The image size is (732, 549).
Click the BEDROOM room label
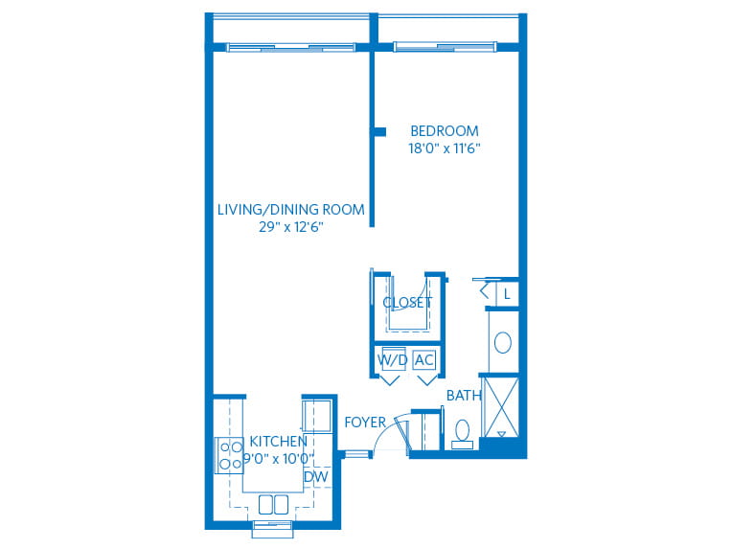pyautogui.click(x=445, y=130)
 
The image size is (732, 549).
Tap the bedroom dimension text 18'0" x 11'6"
pyautogui.click(x=445, y=149)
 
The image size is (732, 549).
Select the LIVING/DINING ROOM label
pyautogui.click(x=291, y=210)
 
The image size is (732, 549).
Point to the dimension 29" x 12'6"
pyautogui.click(x=291, y=227)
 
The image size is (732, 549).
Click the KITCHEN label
pyautogui.click(x=278, y=441)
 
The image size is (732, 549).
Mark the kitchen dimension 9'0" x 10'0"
pyautogui.click(x=278, y=458)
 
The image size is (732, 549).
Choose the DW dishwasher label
pyautogui.click(x=316, y=477)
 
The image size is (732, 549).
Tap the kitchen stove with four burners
pyautogui.click(x=230, y=456)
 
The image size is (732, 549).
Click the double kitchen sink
pyautogui.click(x=274, y=505)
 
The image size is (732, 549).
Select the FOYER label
pyautogui.click(x=365, y=423)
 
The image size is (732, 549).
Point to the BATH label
pyautogui.click(x=464, y=396)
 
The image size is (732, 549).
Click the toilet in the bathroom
pyautogui.click(x=463, y=434)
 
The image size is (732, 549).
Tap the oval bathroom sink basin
pyautogui.click(x=503, y=343)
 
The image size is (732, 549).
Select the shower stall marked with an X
pyautogui.click(x=501, y=407)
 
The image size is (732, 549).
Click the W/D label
pyautogui.click(x=392, y=360)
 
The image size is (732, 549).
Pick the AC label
pyautogui.click(x=424, y=360)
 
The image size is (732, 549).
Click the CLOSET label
pyautogui.click(x=407, y=303)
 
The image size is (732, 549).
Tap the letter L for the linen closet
pyautogui.click(x=507, y=294)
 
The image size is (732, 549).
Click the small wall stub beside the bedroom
pyautogui.click(x=380, y=132)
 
